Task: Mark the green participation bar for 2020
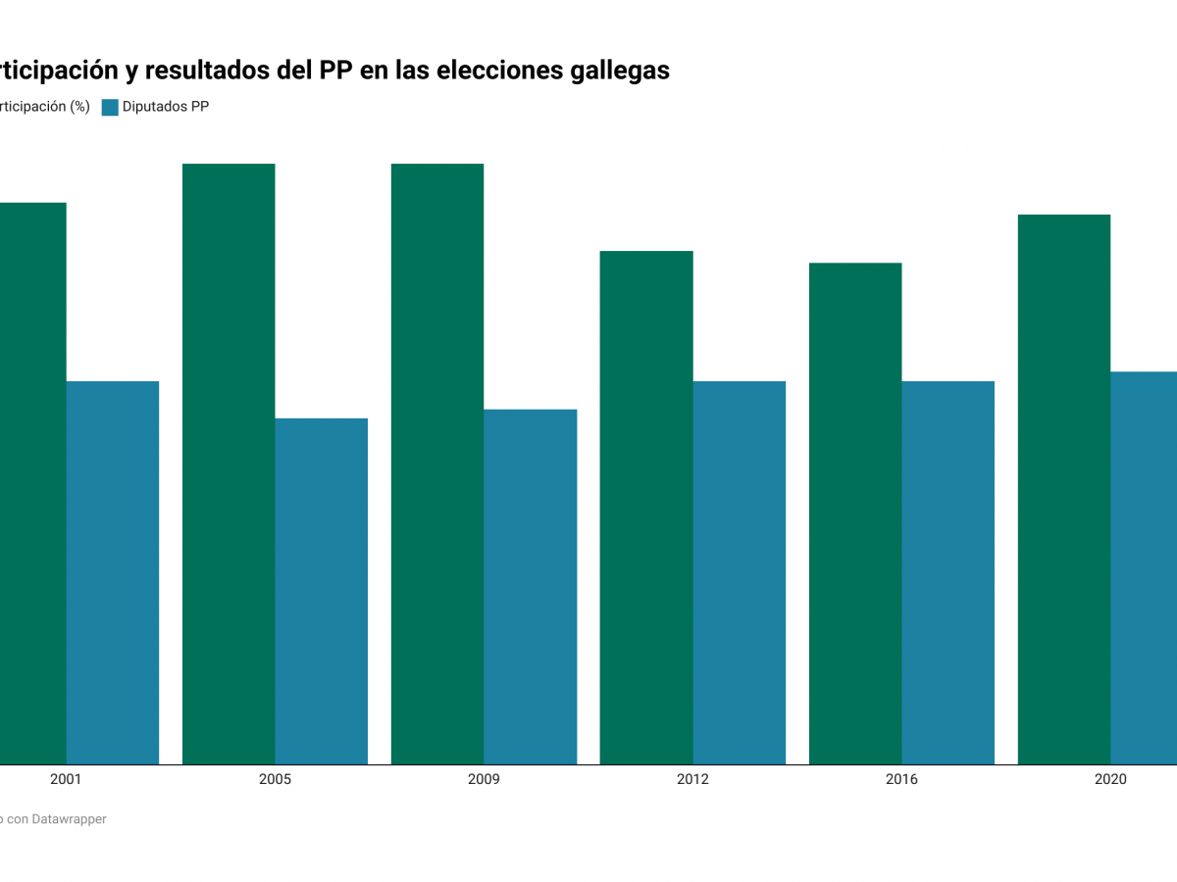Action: [1064, 489]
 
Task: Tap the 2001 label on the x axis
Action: [66, 780]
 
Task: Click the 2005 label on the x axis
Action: [275, 780]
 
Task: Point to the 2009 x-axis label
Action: [484, 780]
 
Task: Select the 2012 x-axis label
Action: [692, 780]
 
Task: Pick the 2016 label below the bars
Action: [901, 780]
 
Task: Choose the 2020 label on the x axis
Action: [1110, 780]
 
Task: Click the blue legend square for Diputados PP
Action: [110, 108]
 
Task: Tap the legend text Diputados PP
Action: [166, 108]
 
